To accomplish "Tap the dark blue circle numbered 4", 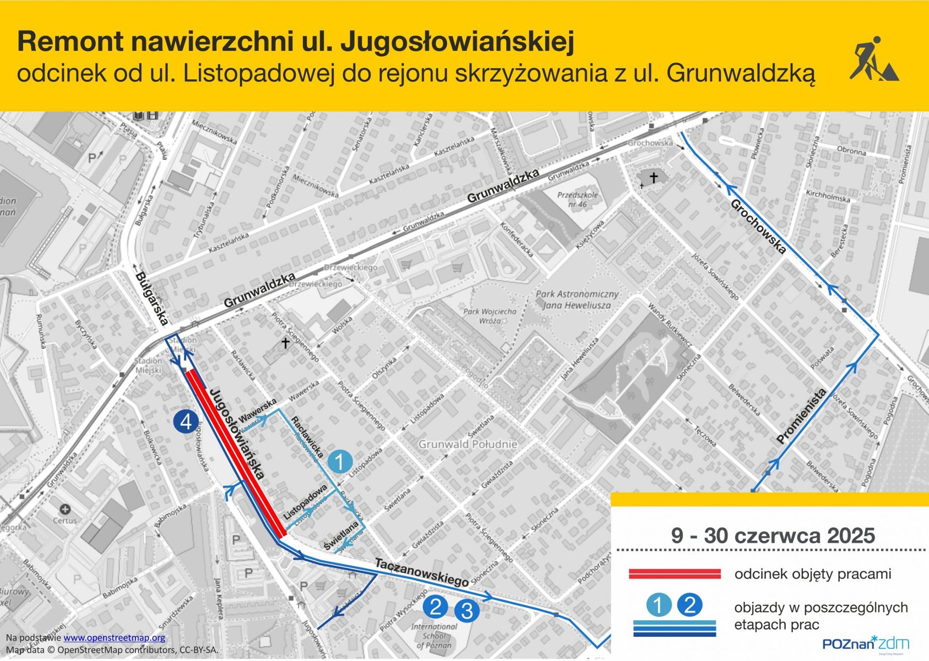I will click(x=186, y=422).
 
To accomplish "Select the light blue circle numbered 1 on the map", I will click(x=340, y=462).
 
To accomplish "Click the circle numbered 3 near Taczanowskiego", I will click(x=467, y=610).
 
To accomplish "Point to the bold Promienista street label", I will click(x=802, y=416).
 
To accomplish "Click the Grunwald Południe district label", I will click(x=468, y=444).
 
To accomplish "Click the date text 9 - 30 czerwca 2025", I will click(x=773, y=535).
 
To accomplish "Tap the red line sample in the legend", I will click(x=675, y=574).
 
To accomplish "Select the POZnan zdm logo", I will click(x=866, y=643).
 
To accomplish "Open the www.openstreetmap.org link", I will click(x=114, y=638).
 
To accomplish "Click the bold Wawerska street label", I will click(x=258, y=411).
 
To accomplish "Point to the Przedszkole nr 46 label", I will click(x=577, y=199).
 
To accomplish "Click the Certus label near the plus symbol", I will click(x=65, y=520).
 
